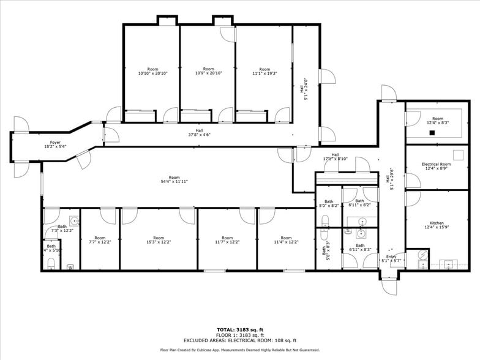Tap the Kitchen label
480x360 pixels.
point(437,223)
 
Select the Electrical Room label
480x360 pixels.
point(437,164)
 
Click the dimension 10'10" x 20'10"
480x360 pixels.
point(152,73)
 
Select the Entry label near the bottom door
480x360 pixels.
point(391,258)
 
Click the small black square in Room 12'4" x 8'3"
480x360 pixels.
point(432,132)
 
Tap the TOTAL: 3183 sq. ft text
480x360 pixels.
point(239,330)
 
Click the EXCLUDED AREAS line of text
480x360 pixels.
point(239,340)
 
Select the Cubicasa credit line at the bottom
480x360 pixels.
point(239,350)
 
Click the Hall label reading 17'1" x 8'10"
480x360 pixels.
point(335,157)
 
